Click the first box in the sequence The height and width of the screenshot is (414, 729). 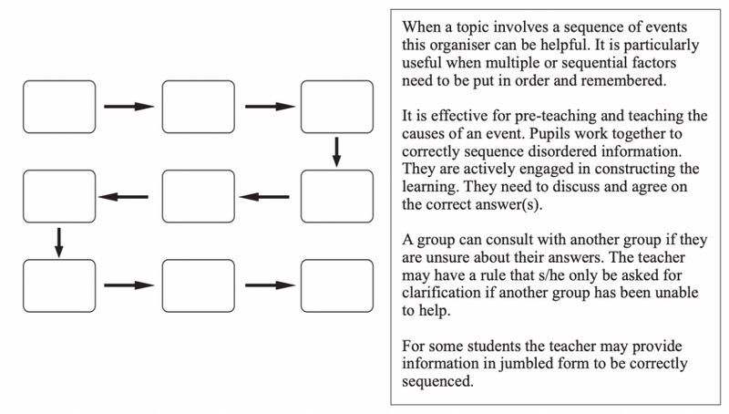pos(59,107)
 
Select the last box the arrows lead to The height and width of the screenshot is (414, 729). pos(337,285)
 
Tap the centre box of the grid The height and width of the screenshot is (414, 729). pos(199,196)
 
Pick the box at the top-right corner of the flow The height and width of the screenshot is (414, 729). pos(337,107)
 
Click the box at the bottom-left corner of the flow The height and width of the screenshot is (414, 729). pos(59,285)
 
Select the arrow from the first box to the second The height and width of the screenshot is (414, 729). pos(128,107)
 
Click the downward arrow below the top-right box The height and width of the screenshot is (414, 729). pos(336,151)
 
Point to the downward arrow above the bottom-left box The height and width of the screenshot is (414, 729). pos(58,243)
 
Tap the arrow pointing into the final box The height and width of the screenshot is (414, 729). pos(270,285)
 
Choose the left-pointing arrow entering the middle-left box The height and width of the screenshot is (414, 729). pos(123,197)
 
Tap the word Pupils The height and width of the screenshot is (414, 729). pos(548,134)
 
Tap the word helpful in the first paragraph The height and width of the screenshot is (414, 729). pos(566,45)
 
